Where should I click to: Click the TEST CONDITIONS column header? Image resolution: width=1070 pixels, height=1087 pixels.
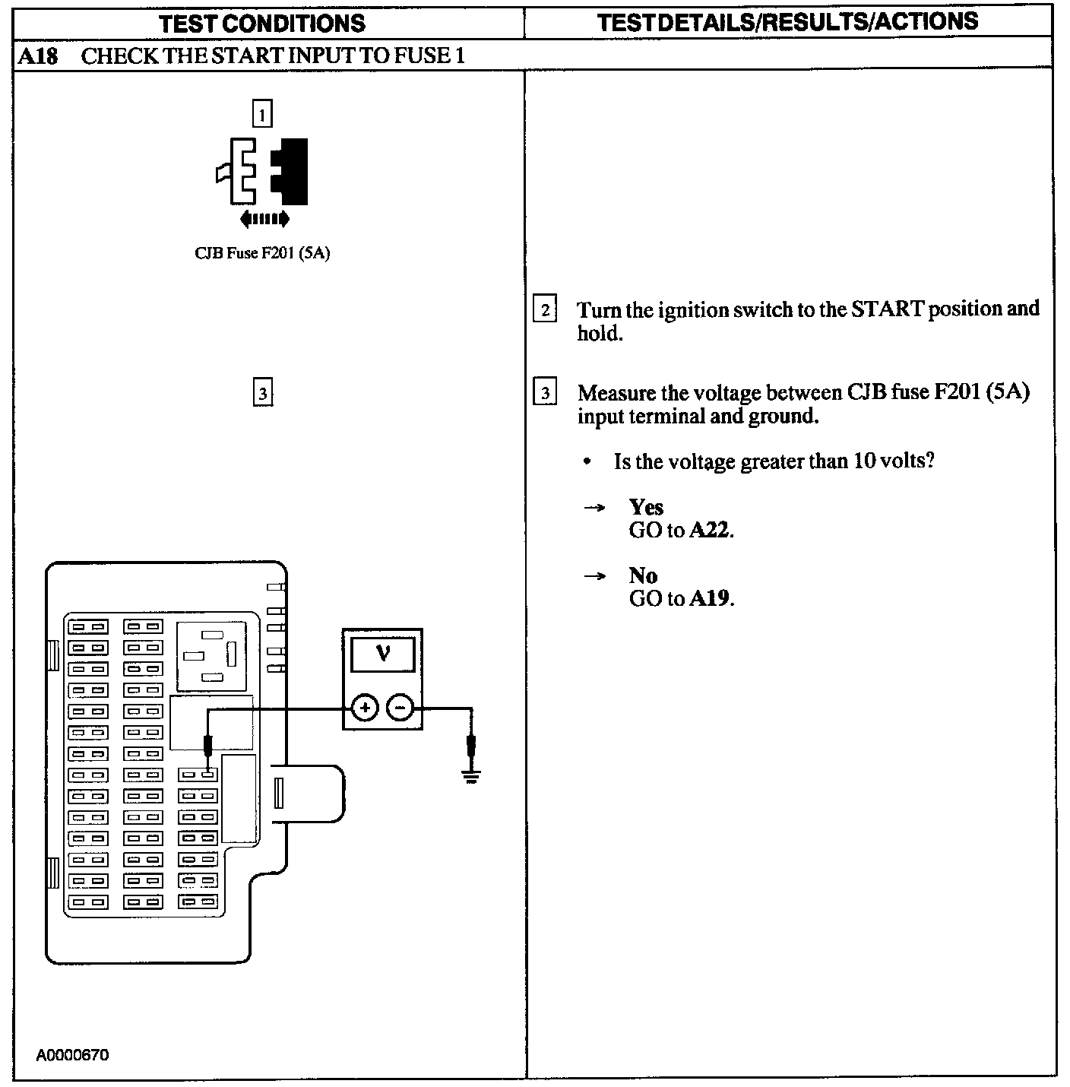point(262,23)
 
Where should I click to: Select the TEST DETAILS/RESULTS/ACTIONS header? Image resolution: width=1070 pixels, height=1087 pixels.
point(787,22)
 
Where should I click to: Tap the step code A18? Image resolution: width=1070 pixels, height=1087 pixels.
point(38,56)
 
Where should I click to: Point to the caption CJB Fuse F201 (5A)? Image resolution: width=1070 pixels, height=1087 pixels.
point(262,253)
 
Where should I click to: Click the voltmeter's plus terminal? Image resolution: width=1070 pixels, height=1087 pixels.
point(365,708)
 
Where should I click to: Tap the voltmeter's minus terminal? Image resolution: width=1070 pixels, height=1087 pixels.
point(400,708)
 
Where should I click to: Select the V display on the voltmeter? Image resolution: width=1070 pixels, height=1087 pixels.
point(383,654)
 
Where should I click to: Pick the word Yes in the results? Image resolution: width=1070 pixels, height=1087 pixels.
point(646,507)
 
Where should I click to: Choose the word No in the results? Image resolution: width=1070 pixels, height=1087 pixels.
point(643,575)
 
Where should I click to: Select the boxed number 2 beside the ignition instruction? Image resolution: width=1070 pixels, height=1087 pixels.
point(544,310)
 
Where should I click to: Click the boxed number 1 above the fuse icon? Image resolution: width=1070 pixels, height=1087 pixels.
point(262,115)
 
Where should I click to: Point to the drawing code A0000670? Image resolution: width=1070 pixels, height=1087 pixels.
point(73,1055)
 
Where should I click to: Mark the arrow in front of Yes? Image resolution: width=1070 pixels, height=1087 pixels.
point(594,508)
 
